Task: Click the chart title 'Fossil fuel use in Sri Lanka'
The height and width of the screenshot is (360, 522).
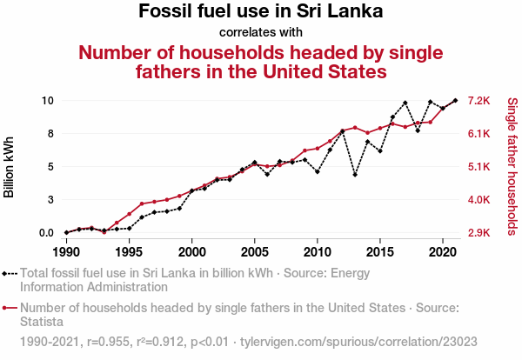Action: (261, 12)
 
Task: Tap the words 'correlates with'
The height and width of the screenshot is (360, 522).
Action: (261, 33)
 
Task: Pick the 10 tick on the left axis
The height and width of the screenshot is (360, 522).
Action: (49, 101)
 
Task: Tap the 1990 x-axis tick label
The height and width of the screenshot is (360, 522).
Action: (66, 252)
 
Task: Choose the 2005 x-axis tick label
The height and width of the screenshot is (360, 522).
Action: (254, 252)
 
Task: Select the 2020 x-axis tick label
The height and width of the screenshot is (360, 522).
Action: (443, 252)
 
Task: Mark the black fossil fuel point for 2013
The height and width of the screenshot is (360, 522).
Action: (355, 175)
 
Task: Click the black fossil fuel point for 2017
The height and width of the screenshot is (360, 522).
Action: (405, 103)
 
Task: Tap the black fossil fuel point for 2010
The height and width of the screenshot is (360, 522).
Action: (318, 171)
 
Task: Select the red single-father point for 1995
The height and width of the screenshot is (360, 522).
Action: (129, 214)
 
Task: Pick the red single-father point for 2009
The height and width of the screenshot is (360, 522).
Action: (304, 150)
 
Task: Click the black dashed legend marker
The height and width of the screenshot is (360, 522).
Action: (10, 273)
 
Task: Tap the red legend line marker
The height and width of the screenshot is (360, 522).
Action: (10, 307)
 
